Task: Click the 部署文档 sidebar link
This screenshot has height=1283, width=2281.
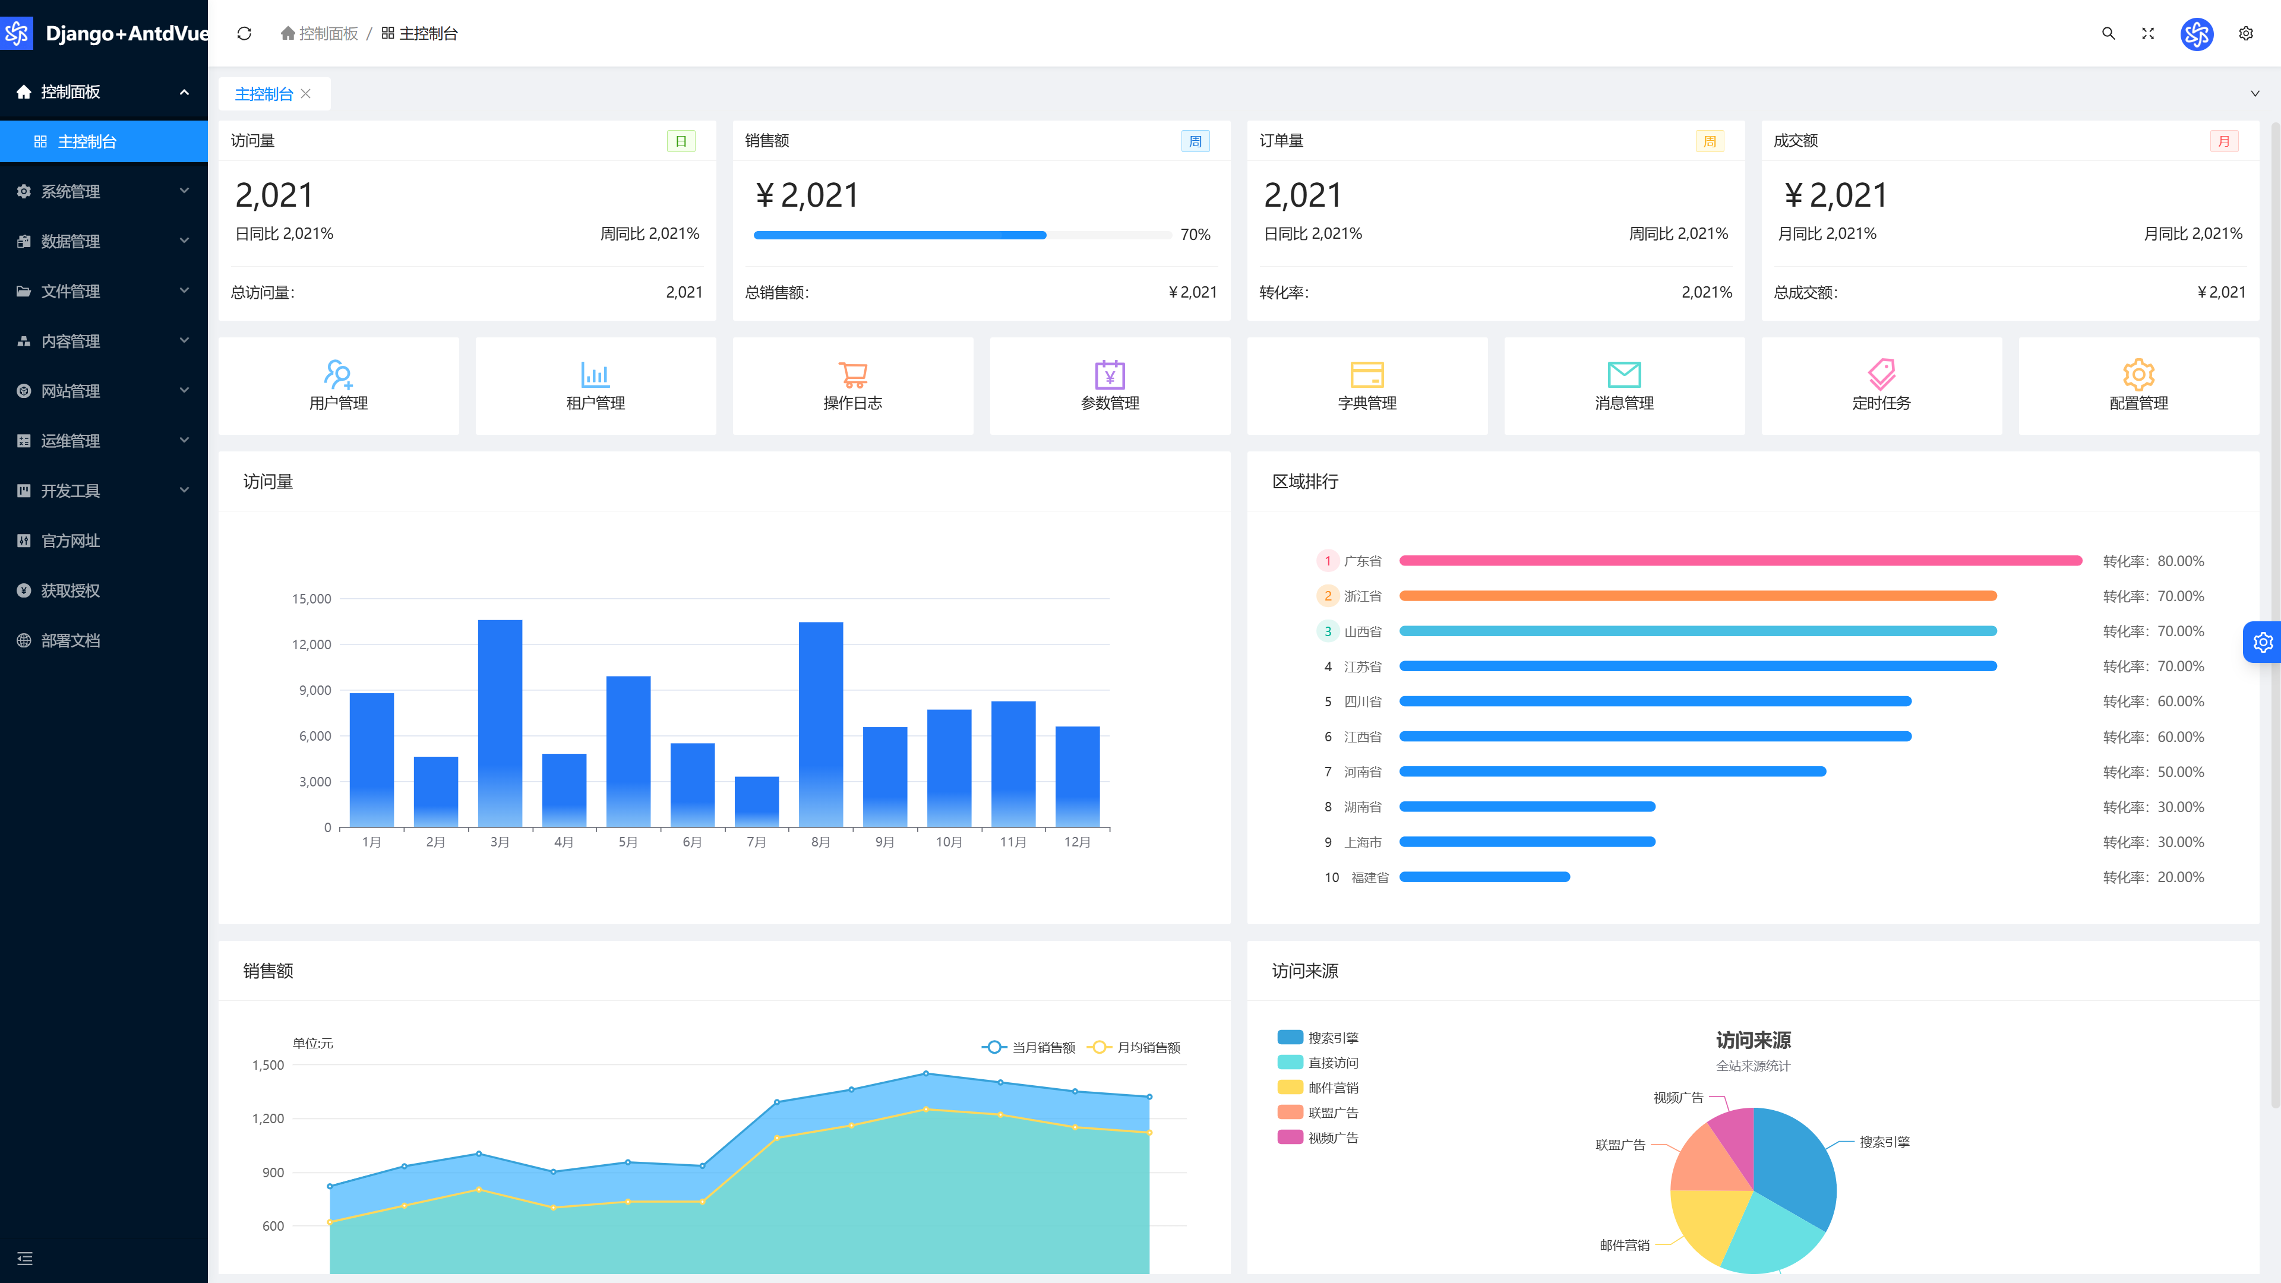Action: point(70,640)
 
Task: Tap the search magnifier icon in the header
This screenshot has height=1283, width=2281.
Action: point(2108,34)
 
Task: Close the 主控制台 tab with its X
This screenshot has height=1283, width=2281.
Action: point(305,94)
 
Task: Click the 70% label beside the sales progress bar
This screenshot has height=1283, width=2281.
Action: point(1195,235)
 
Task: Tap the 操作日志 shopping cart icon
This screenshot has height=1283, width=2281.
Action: point(853,375)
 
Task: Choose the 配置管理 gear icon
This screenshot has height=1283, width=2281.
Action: point(2138,375)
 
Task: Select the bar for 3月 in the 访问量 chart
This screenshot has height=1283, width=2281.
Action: point(500,723)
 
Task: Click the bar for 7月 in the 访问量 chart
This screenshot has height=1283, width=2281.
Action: point(756,801)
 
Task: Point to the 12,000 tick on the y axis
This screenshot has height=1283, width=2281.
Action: point(312,644)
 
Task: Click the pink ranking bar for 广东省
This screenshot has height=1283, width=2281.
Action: point(1740,561)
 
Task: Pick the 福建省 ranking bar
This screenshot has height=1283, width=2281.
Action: point(1484,877)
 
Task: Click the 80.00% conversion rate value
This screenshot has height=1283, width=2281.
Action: point(2180,561)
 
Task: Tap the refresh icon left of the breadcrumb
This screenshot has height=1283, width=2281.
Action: point(244,34)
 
